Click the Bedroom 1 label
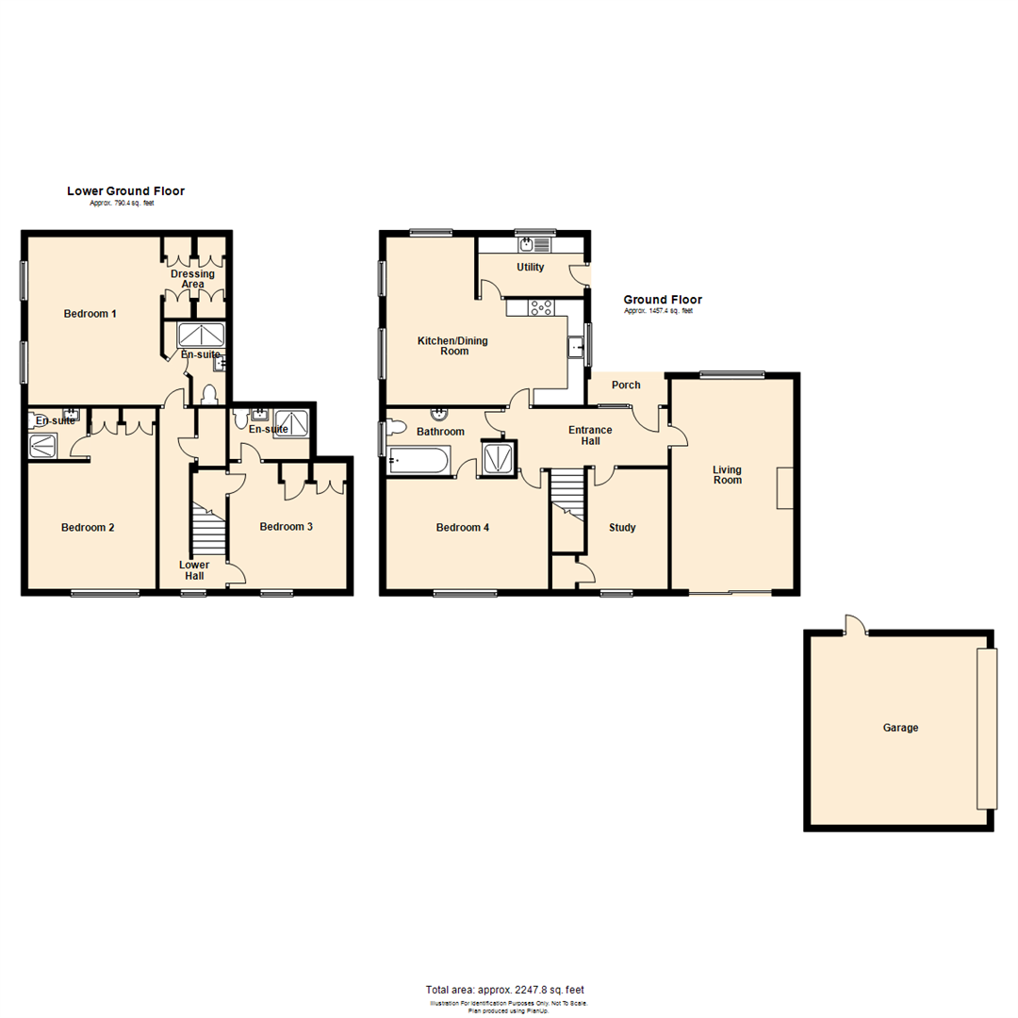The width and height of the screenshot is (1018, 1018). [90, 313]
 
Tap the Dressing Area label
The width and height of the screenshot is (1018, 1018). [192, 279]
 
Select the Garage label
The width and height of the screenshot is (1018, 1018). [900, 728]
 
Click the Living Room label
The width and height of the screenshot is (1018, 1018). [727, 474]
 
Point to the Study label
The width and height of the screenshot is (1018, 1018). [622, 527]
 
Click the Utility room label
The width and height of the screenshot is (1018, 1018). [531, 267]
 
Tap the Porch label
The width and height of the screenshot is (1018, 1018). [626, 385]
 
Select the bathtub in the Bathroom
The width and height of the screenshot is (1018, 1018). [419, 462]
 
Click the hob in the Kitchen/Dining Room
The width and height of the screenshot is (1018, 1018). [542, 306]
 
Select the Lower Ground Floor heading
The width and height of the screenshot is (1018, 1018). [125, 191]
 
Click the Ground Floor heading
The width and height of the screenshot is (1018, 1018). [663, 300]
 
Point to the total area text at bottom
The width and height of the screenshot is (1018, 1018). [505, 990]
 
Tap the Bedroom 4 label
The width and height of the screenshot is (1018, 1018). [462, 527]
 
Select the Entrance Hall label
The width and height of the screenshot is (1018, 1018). [590, 435]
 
